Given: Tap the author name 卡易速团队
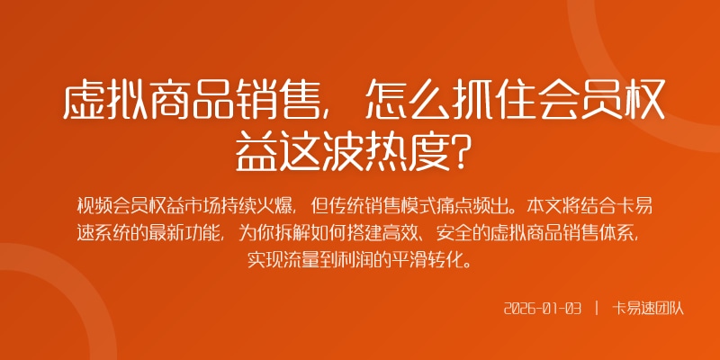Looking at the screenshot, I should point(649,309).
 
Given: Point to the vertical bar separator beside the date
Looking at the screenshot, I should point(597,309).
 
